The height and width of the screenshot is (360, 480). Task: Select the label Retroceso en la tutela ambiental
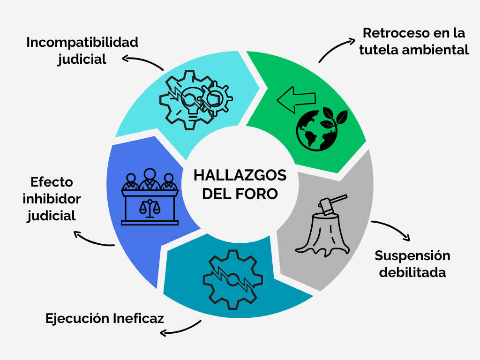click(414, 42)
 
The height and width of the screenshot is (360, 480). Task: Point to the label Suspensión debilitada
click(412, 264)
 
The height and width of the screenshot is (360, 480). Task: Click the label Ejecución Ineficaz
click(105, 318)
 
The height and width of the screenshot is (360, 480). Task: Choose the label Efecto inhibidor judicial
click(52, 199)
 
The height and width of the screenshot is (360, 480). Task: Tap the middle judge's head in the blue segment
click(150, 174)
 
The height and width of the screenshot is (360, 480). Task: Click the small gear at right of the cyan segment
click(216, 97)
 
